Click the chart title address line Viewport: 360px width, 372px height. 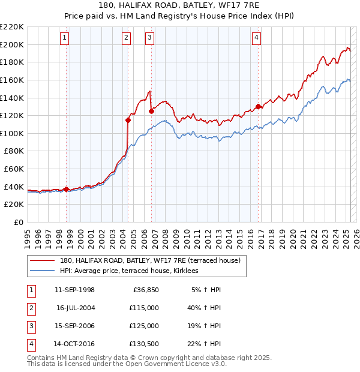(180, 5)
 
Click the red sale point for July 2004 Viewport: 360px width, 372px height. (128, 120)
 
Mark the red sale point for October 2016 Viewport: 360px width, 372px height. (259, 106)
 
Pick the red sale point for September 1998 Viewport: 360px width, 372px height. (66, 189)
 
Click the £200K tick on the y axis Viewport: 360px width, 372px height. (12, 44)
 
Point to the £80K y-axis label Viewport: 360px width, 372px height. (14, 151)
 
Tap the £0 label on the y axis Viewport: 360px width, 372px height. (18, 222)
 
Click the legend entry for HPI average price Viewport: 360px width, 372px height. (133, 271)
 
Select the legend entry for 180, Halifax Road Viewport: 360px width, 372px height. (150, 260)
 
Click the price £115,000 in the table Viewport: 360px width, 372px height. (145, 307)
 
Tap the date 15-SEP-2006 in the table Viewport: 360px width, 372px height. (74, 326)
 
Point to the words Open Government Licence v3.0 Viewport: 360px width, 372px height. (171, 364)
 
